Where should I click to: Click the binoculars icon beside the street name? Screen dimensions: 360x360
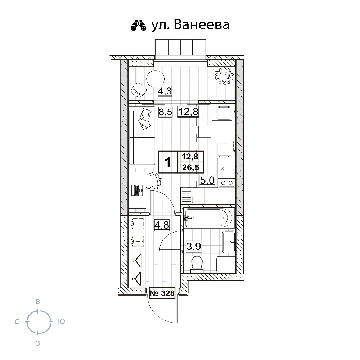(x=139, y=25)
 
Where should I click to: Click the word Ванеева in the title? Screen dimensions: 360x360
(x=202, y=25)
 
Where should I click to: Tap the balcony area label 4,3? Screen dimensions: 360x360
(x=165, y=91)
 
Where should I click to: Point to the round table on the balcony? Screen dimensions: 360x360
(x=156, y=79)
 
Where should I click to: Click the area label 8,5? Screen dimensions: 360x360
(x=165, y=112)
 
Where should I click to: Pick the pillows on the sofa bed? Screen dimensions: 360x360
(x=145, y=118)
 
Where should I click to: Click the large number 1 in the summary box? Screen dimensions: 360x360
(x=168, y=162)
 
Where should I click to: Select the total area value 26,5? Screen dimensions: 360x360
(x=190, y=168)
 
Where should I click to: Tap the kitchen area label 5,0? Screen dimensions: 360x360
(x=207, y=180)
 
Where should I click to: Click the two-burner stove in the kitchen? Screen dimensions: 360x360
(x=227, y=183)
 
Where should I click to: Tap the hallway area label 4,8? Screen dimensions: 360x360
(x=162, y=225)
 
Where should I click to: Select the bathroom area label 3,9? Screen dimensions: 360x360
(x=194, y=247)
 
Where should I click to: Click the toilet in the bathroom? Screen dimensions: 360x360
(x=197, y=264)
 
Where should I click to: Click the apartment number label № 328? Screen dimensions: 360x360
(x=162, y=293)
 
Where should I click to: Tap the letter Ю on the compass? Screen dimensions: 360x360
(x=61, y=321)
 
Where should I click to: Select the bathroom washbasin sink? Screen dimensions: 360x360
(x=229, y=242)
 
